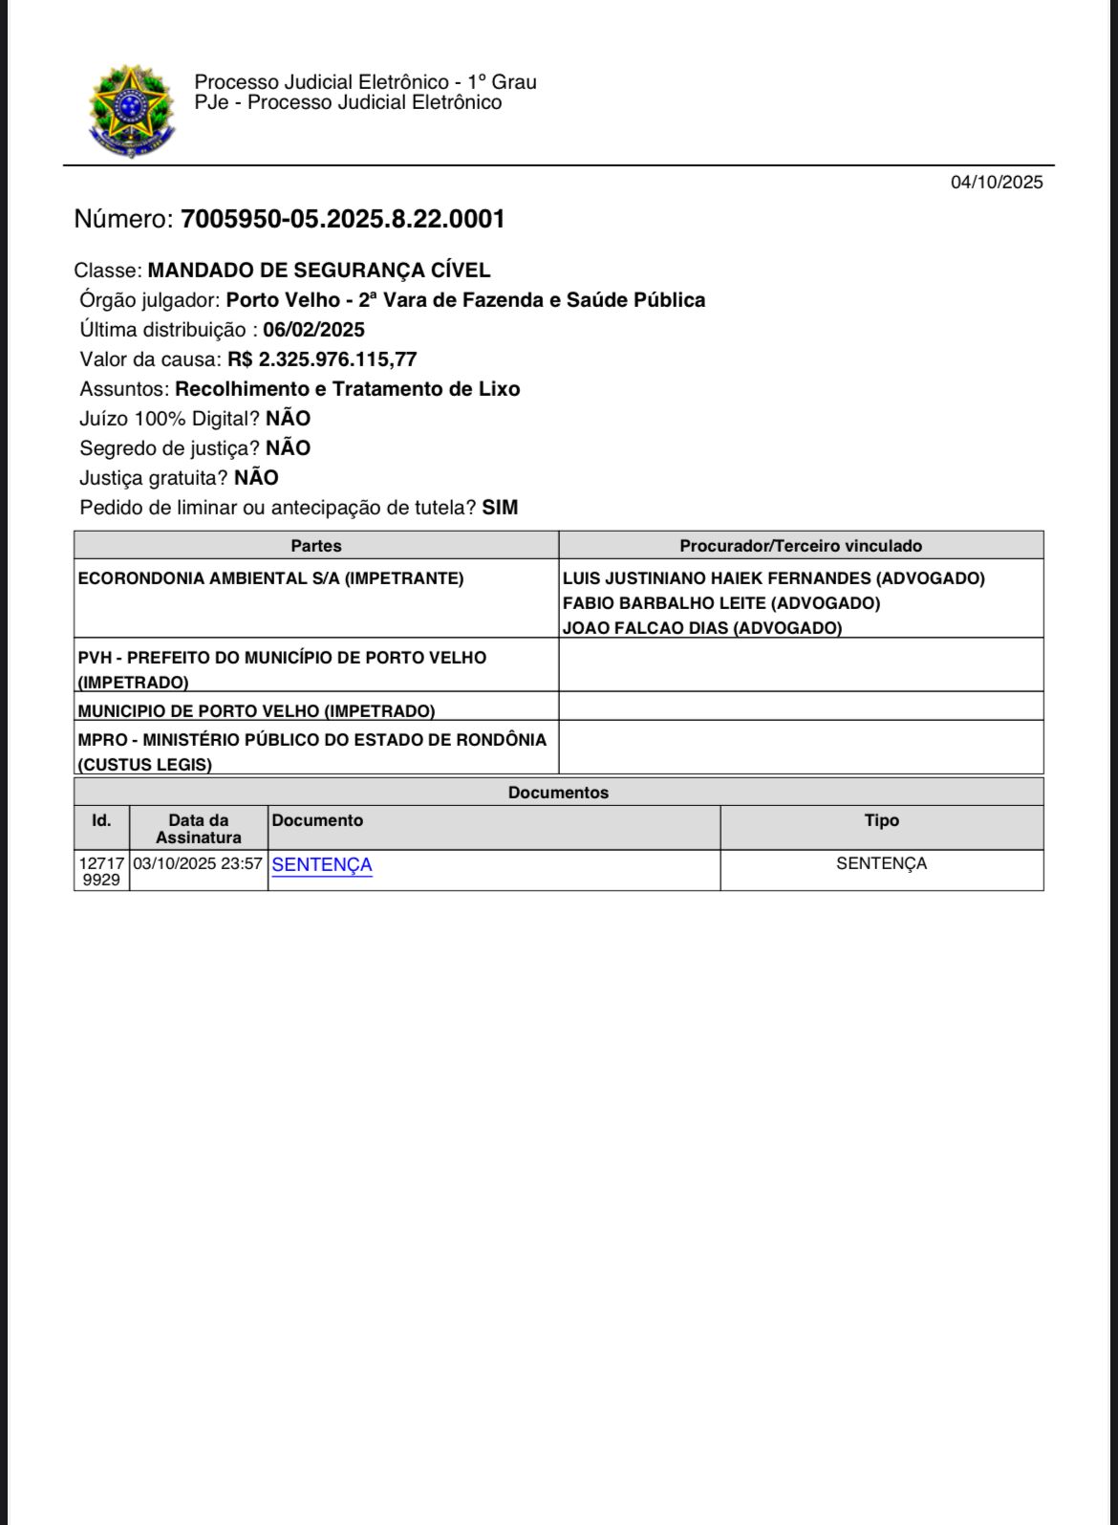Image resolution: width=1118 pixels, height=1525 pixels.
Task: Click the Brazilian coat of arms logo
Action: (131, 111)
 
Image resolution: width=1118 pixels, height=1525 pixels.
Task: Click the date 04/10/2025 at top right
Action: (996, 183)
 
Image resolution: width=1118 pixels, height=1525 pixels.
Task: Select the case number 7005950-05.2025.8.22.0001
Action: (342, 219)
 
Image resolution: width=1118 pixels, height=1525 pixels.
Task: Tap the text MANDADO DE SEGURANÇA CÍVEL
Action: (319, 271)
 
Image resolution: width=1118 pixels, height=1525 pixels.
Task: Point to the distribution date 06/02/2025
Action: (313, 330)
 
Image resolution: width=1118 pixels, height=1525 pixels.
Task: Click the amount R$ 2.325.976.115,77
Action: (322, 359)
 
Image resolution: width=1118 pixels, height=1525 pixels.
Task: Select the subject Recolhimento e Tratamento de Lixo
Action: (348, 389)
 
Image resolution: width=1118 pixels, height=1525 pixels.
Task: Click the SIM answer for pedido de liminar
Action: (500, 508)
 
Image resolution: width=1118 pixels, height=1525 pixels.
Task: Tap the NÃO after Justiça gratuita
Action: (256, 478)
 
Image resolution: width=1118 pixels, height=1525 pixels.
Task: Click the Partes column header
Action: (316, 546)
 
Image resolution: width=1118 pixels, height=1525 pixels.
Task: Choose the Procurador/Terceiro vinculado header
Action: (801, 546)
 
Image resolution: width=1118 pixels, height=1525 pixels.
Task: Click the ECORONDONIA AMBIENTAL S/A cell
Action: (270, 578)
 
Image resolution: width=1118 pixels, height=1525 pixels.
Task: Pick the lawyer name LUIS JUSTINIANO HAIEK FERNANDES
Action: (773, 578)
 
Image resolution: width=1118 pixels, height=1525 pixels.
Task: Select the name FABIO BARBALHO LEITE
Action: (720, 603)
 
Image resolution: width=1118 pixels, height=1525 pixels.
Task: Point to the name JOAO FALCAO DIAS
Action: (701, 628)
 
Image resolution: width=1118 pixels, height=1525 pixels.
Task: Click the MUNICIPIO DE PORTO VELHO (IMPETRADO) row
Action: (256, 711)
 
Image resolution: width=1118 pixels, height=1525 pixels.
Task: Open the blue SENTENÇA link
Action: (322, 864)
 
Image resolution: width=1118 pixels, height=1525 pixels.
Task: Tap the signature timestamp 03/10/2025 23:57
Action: (198, 863)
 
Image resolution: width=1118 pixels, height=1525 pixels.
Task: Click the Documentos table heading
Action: (558, 793)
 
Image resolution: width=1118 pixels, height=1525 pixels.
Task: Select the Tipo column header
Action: (881, 820)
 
